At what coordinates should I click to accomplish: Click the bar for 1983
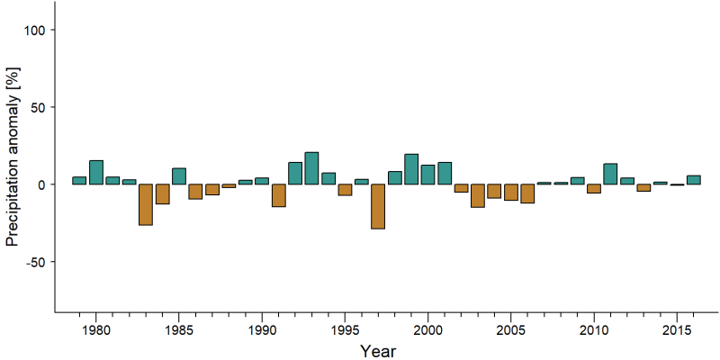pos(146,205)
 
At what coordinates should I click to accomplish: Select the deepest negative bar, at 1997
pos(378,207)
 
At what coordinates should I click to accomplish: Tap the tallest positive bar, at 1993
pos(311,168)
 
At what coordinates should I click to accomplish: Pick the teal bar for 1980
pos(96,172)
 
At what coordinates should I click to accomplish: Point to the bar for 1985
pos(178,176)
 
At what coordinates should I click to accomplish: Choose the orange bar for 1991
pos(278,195)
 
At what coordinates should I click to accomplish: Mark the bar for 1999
pos(411,169)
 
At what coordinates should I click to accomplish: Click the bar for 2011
pos(610,174)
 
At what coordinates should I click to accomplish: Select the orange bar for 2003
pos(478,196)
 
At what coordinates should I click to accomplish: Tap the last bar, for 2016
pos(693,180)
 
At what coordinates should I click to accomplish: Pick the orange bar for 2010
pos(594,189)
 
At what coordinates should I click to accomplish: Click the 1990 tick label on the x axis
pos(262,331)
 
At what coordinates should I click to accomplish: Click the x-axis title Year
pos(377,351)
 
